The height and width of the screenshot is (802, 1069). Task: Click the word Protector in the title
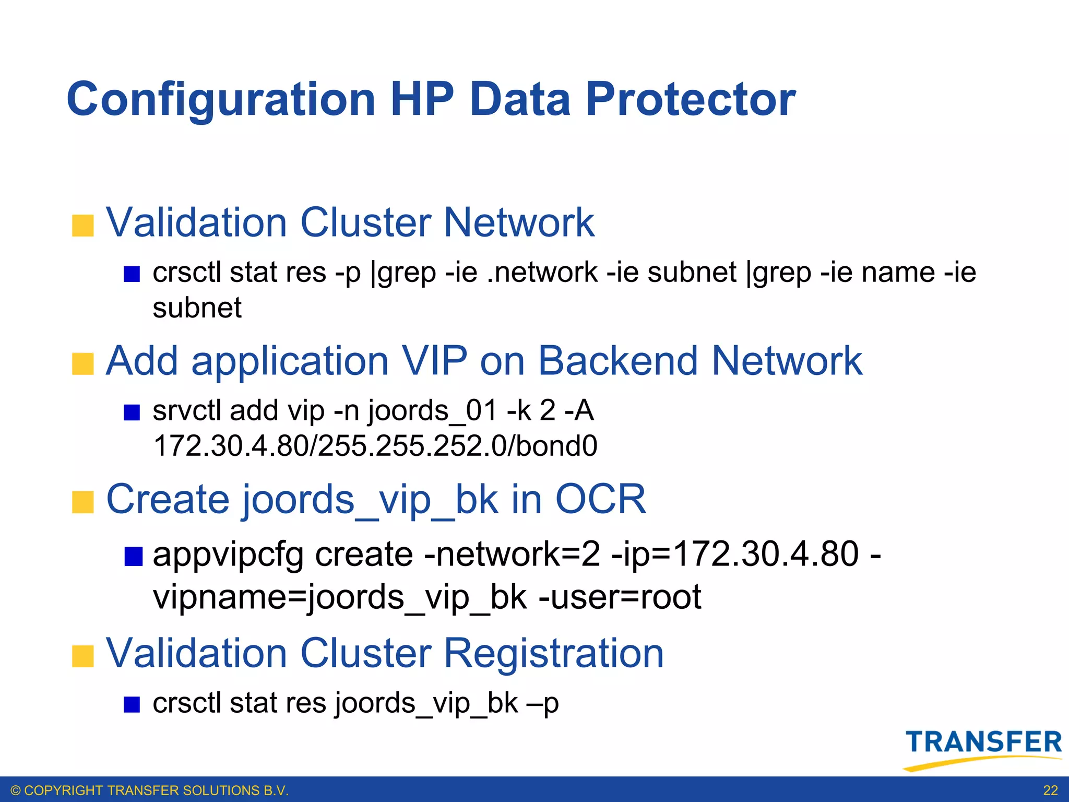click(x=690, y=99)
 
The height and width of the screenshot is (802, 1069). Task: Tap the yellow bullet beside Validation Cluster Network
click(x=82, y=226)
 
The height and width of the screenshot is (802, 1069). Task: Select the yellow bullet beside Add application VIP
click(x=82, y=364)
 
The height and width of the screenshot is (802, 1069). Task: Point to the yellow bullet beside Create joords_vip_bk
click(x=82, y=502)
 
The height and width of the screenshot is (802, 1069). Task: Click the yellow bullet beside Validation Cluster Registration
click(x=82, y=656)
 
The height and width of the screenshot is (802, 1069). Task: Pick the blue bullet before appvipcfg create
click(x=133, y=557)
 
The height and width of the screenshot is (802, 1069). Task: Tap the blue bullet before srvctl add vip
click(x=132, y=412)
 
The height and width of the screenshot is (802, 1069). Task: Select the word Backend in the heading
click(x=618, y=361)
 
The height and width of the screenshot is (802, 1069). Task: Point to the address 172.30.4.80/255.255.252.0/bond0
click(x=375, y=446)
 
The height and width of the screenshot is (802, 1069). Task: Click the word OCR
click(x=600, y=500)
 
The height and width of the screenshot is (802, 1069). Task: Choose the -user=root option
click(x=620, y=597)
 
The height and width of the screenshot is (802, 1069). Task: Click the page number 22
click(x=1050, y=791)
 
